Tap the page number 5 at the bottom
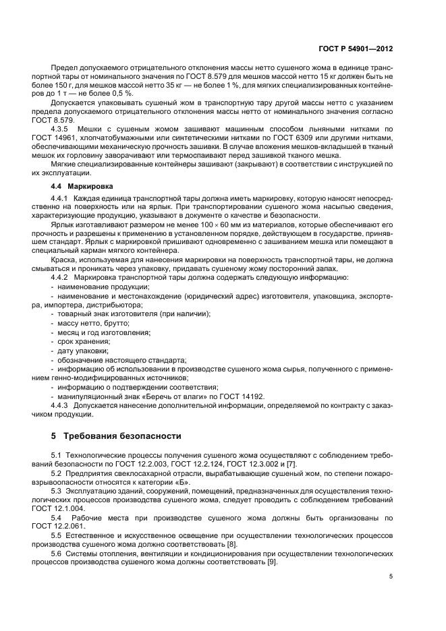pos(392,576)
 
